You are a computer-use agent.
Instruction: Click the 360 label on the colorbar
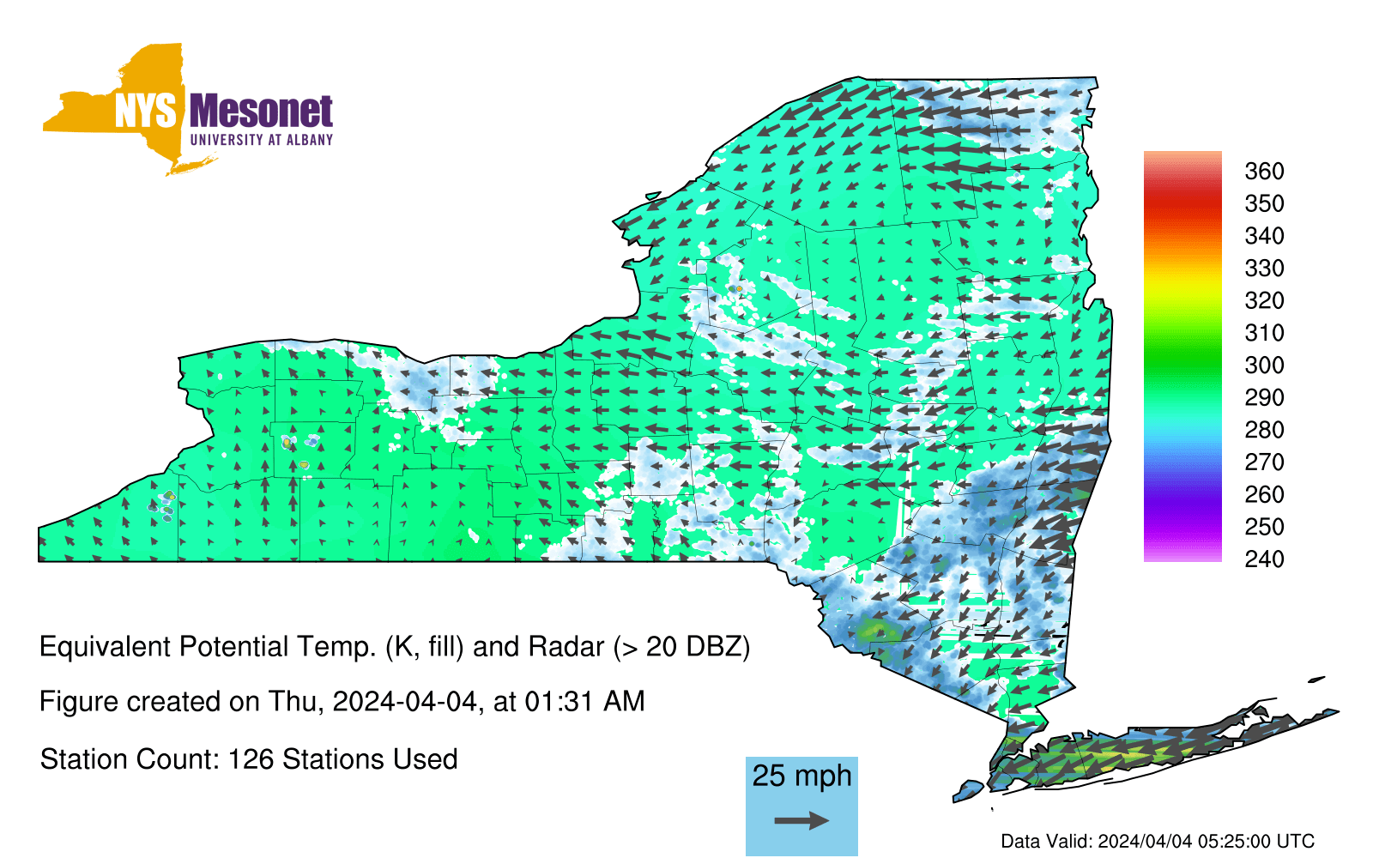(1264, 171)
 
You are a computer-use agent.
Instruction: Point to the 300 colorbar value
(1264, 366)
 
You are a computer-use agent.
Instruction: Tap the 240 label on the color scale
(1264, 559)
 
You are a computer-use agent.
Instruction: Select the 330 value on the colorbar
(1264, 268)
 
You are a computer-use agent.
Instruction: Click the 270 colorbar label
(1264, 462)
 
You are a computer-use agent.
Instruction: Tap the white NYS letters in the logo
(145, 112)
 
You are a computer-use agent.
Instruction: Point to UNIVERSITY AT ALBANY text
(262, 140)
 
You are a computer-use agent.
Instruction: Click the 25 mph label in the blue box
(801, 776)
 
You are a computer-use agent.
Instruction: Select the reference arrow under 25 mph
(801, 820)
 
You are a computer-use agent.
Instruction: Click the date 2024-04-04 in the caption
(404, 702)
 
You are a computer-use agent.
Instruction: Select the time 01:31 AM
(584, 702)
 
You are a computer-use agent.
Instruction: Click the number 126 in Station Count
(250, 759)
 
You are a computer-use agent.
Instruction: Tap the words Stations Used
(370, 759)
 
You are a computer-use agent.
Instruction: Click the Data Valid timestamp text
(1158, 841)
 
